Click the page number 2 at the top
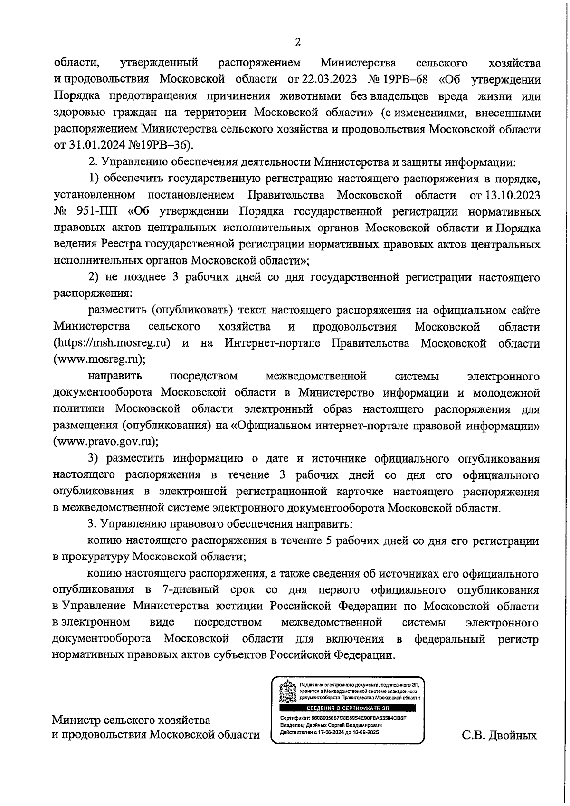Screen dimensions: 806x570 (298, 42)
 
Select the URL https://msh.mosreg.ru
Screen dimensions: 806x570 (112, 343)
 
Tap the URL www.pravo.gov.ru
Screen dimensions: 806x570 (105, 442)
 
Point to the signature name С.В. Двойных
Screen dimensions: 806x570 (499, 736)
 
